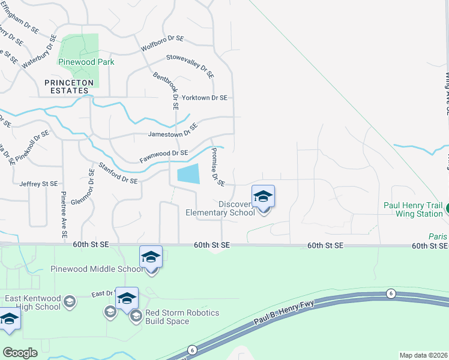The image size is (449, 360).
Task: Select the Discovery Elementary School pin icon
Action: pyautogui.click(x=263, y=197)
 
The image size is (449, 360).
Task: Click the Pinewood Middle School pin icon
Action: pyautogui.click(x=151, y=259)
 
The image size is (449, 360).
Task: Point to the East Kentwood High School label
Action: pyautogui.click(x=32, y=302)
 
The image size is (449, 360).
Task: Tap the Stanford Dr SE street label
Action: pyautogui.click(x=118, y=172)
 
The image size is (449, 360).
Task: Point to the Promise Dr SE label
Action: pyautogui.click(x=216, y=166)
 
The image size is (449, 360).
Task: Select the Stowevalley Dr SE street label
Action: pyautogui.click(x=190, y=67)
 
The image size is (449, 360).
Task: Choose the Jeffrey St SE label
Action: pyautogui.click(x=38, y=184)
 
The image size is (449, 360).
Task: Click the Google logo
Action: pyautogui.click(x=20, y=353)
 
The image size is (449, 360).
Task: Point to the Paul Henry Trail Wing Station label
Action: pyautogui.click(x=413, y=209)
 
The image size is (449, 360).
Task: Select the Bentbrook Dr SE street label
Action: pyautogui.click(x=165, y=91)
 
